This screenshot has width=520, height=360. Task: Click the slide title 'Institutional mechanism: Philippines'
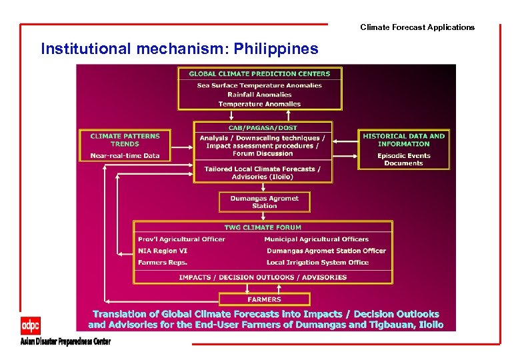tap(179, 49)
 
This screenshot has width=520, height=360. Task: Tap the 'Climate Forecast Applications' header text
tap(417, 27)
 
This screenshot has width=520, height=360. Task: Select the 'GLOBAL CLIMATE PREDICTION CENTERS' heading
tap(259, 74)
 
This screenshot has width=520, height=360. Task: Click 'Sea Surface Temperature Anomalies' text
tap(259, 85)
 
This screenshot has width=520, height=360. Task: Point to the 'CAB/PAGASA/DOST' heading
tap(263, 127)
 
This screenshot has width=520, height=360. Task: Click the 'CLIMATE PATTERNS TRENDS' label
tap(125, 140)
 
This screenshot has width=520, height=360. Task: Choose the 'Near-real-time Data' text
tap(125, 156)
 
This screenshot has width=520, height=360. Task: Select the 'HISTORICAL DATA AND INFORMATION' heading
tap(403, 140)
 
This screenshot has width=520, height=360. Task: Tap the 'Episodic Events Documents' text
tap(403, 159)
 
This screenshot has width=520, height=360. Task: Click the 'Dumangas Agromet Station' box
tap(264, 202)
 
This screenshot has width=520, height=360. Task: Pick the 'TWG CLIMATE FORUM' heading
tap(263, 227)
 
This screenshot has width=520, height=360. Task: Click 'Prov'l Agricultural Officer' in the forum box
tap(181, 239)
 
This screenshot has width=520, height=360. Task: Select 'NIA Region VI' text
tap(163, 251)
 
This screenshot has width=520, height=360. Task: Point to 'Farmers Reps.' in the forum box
tap(163, 262)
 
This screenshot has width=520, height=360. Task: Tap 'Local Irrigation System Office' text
tap(317, 262)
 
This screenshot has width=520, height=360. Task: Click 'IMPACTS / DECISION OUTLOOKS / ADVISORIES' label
tap(263, 277)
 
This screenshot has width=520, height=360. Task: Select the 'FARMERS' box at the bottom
tap(264, 299)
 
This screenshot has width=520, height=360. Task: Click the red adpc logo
tap(31, 326)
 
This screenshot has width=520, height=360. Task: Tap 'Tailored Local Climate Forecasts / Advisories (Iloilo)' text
tap(263, 173)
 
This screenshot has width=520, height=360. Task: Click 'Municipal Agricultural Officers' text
tap(316, 239)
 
